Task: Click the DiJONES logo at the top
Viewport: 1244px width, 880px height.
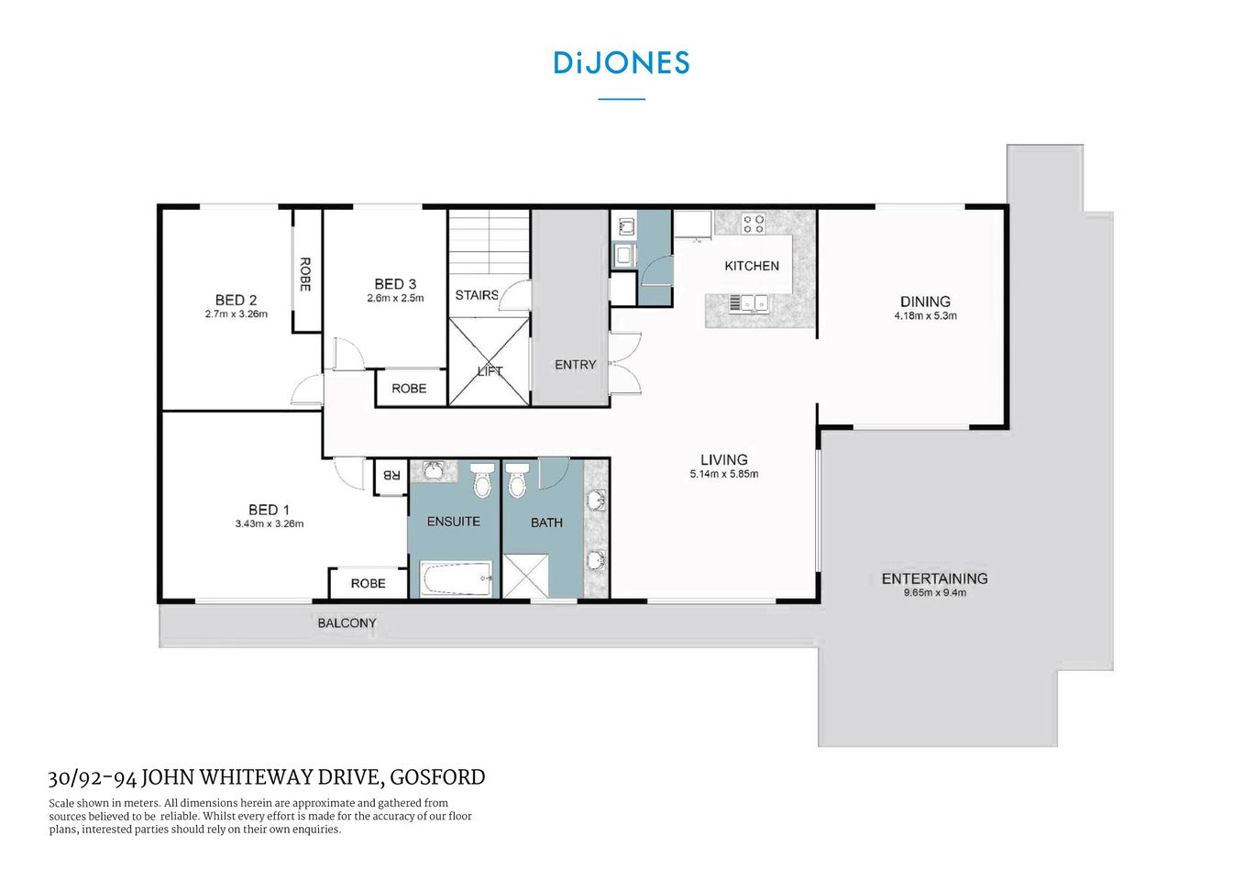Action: coord(621,62)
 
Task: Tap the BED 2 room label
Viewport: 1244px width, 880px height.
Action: coord(236,300)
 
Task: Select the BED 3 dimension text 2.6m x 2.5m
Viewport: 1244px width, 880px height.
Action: coord(395,298)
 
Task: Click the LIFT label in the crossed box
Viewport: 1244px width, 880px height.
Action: coord(490,371)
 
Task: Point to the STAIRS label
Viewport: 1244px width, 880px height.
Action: coord(477,294)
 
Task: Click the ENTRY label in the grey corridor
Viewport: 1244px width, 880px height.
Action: coord(575,364)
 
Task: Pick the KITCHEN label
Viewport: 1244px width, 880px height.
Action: coord(751,266)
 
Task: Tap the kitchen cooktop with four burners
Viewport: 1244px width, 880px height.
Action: coord(753,224)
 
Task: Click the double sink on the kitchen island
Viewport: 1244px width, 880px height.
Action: coord(749,302)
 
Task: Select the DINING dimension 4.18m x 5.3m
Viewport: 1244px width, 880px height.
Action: coord(925,316)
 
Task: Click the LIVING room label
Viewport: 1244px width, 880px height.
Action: coord(723,459)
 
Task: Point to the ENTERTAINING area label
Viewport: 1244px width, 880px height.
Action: coord(934,578)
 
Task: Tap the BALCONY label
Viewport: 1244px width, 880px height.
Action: coord(347,623)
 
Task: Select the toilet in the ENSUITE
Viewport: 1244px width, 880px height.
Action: coord(482,480)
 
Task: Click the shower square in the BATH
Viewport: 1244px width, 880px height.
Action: coord(524,577)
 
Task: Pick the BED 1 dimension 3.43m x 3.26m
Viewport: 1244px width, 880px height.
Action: coord(269,524)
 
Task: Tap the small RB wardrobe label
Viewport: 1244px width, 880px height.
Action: coord(391,475)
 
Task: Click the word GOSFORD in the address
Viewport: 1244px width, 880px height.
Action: coord(437,777)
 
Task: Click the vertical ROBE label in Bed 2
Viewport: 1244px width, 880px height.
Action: coord(305,274)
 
